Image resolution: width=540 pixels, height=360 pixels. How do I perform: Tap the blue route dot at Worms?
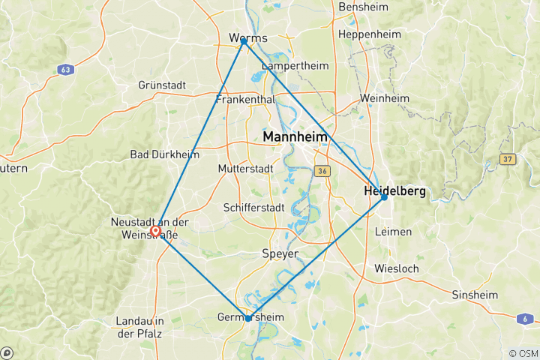point(244,42)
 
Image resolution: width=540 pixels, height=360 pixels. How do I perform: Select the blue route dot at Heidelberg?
point(384,196)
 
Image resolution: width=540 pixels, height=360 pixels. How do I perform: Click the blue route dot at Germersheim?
point(248,318)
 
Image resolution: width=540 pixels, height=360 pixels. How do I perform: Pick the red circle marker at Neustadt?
point(155,231)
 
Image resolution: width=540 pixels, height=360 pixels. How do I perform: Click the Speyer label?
point(280,253)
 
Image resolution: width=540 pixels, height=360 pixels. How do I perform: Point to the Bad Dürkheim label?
point(164,154)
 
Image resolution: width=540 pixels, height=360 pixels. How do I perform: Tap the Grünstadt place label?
point(162,85)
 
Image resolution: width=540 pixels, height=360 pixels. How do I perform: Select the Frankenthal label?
point(245,100)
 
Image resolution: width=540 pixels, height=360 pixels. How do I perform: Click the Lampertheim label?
point(295,66)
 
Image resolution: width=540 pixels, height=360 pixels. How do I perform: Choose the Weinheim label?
point(385,98)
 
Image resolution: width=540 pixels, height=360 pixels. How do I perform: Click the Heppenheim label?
point(371,34)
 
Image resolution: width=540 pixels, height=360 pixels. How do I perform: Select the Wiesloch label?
point(396,268)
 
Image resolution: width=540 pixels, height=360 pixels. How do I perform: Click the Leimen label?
point(393,232)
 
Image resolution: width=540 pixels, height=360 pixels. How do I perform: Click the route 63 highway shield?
point(65,69)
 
